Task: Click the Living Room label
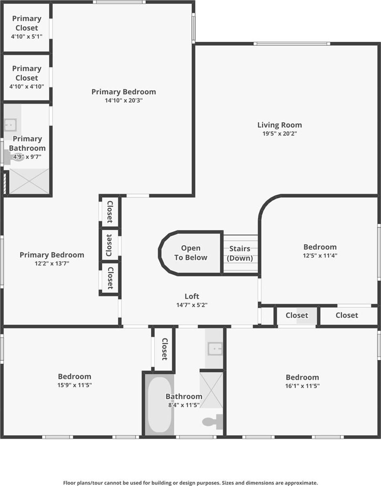click(280, 125)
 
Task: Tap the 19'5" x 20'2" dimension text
click(280, 134)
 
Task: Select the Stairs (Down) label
click(240, 253)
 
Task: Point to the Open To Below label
click(190, 253)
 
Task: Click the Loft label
click(192, 296)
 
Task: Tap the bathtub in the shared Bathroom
click(159, 404)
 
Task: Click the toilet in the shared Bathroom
click(211, 422)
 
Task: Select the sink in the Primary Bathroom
click(10, 125)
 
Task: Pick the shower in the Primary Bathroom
click(29, 181)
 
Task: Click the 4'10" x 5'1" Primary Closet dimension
click(26, 36)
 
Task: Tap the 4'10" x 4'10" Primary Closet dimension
click(26, 86)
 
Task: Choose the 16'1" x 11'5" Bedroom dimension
click(302, 386)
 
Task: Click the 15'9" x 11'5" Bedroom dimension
click(75, 385)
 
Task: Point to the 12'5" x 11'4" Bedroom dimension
click(320, 255)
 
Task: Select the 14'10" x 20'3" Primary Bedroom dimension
click(124, 100)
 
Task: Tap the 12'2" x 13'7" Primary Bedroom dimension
click(52, 263)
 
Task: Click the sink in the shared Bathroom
click(215, 349)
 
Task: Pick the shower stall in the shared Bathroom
click(211, 390)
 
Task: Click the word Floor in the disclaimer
click(69, 483)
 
